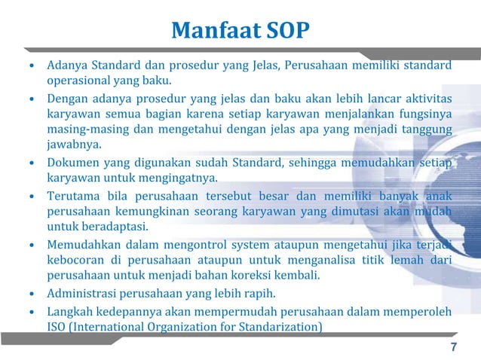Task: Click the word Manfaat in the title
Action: click(215, 31)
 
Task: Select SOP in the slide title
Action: click(287, 31)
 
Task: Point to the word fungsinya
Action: click(424, 114)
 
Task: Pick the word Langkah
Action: click(71, 311)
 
